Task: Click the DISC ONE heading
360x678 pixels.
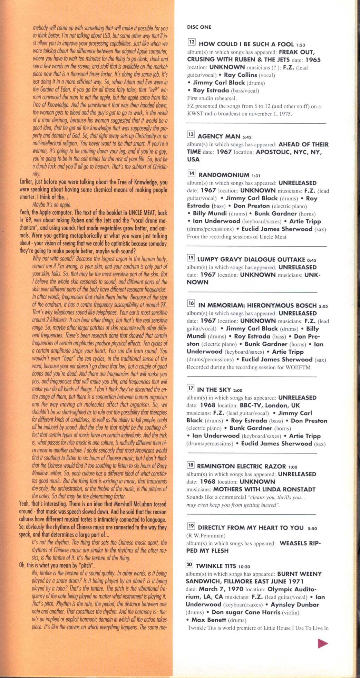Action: coord(199,27)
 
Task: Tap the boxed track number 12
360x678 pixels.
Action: coord(192,42)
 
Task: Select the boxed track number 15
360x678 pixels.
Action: coord(191,258)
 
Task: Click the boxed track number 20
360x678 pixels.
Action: coord(189,564)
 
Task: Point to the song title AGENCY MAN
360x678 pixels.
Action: coord(219,136)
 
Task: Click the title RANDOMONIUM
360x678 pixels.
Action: coord(224,175)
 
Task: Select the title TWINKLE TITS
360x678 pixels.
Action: coord(216,566)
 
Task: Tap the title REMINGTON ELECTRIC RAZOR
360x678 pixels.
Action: coord(241,466)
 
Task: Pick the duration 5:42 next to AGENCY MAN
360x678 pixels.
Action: coord(247,137)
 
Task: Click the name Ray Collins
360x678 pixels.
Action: coord(241,75)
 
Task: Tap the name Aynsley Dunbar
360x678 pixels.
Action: coord(295,604)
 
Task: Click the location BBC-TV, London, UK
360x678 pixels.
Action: coord(270,405)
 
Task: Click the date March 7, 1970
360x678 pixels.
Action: coord(220,589)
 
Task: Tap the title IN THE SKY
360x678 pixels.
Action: coord(214,390)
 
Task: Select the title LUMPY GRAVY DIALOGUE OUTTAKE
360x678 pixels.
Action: coord(251,259)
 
